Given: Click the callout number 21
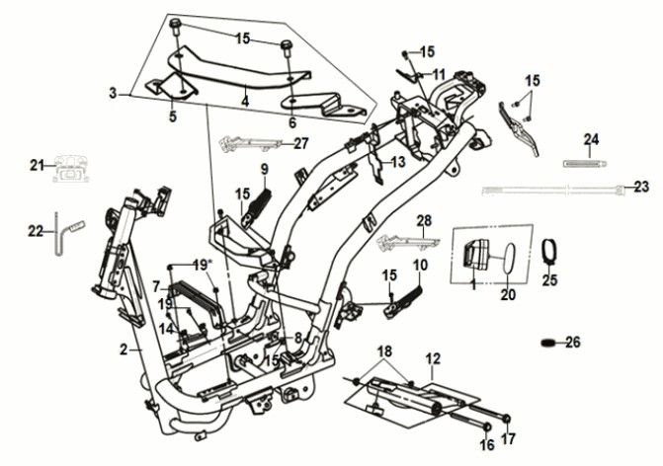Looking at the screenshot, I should click(x=36, y=165).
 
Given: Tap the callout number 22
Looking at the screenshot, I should click(x=36, y=231).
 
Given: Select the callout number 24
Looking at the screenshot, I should click(x=591, y=138).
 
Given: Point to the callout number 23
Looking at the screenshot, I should click(x=641, y=187).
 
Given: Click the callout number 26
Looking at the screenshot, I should click(x=572, y=343).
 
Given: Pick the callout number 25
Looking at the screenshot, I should click(x=550, y=280).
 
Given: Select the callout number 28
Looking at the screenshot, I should click(x=424, y=219).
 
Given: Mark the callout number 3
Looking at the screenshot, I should click(x=113, y=93).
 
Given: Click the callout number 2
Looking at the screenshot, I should click(x=124, y=349).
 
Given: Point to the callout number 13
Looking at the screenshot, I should click(x=397, y=161).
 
